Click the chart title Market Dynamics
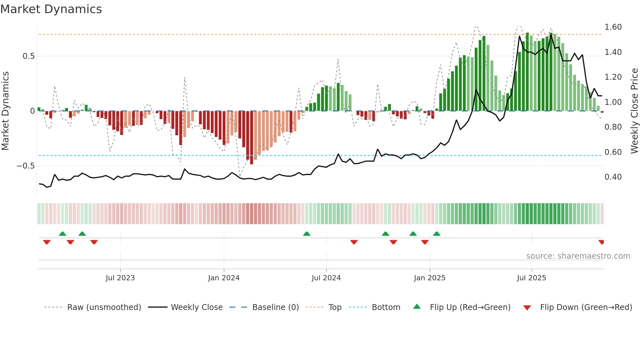pos(51,9)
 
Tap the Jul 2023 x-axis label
pos(120,278)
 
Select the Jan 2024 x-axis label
pos(224,278)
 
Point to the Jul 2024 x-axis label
pos(326,278)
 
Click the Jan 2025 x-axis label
pos(429,278)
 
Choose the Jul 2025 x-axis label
pos(531,278)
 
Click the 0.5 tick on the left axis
pos(29,56)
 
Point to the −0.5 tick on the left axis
pos(26,166)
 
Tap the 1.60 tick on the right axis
pos(613,27)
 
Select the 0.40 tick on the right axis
pos(613,177)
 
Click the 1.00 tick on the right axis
pos(613,102)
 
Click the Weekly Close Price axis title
pos(634,111)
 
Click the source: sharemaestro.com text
pos(578,256)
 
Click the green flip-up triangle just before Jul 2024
pos(307,234)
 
